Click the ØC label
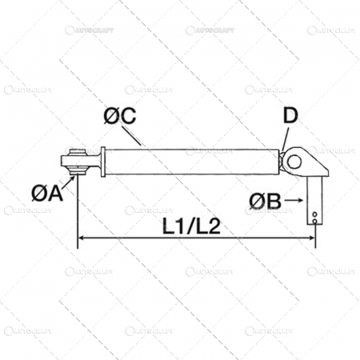(119, 114)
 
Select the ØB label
(264, 199)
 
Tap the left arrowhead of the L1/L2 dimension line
(82, 240)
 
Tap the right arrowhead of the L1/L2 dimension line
(310, 240)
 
